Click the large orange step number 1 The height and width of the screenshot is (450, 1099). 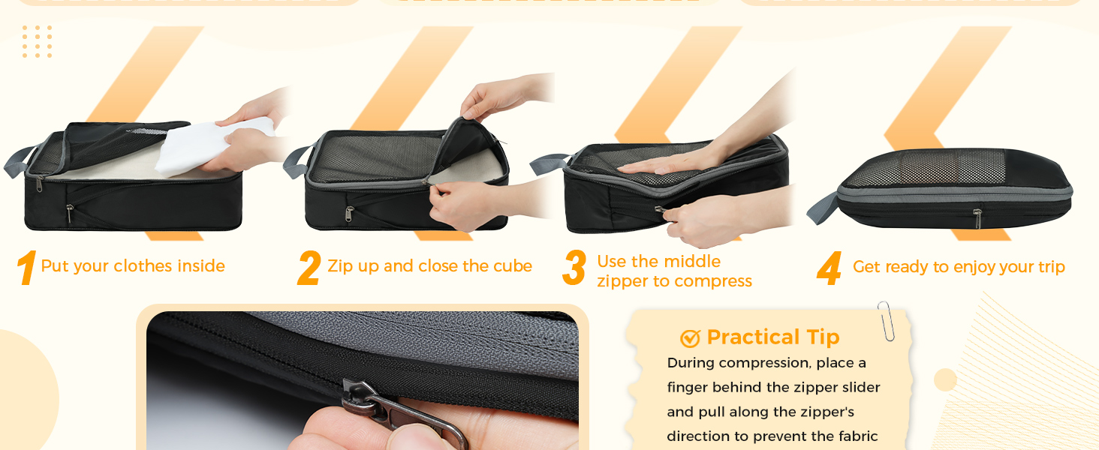[x=26, y=267]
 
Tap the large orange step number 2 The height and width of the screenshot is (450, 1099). [x=309, y=268]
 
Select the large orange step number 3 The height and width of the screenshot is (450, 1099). [x=574, y=267]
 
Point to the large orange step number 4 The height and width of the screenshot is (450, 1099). [x=830, y=268]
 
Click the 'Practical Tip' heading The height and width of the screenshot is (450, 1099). [x=773, y=337]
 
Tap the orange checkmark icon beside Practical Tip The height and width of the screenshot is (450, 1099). [x=691, y=338]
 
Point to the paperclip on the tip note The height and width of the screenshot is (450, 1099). [x=886, y=321]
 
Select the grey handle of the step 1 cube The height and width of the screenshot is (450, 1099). [x=19, y=161]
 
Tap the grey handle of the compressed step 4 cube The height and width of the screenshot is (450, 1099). [x=823, y=208]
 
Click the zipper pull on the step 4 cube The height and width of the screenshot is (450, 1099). [x=977, y=218]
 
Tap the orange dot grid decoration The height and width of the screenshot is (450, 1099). [x=38, y=42]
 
